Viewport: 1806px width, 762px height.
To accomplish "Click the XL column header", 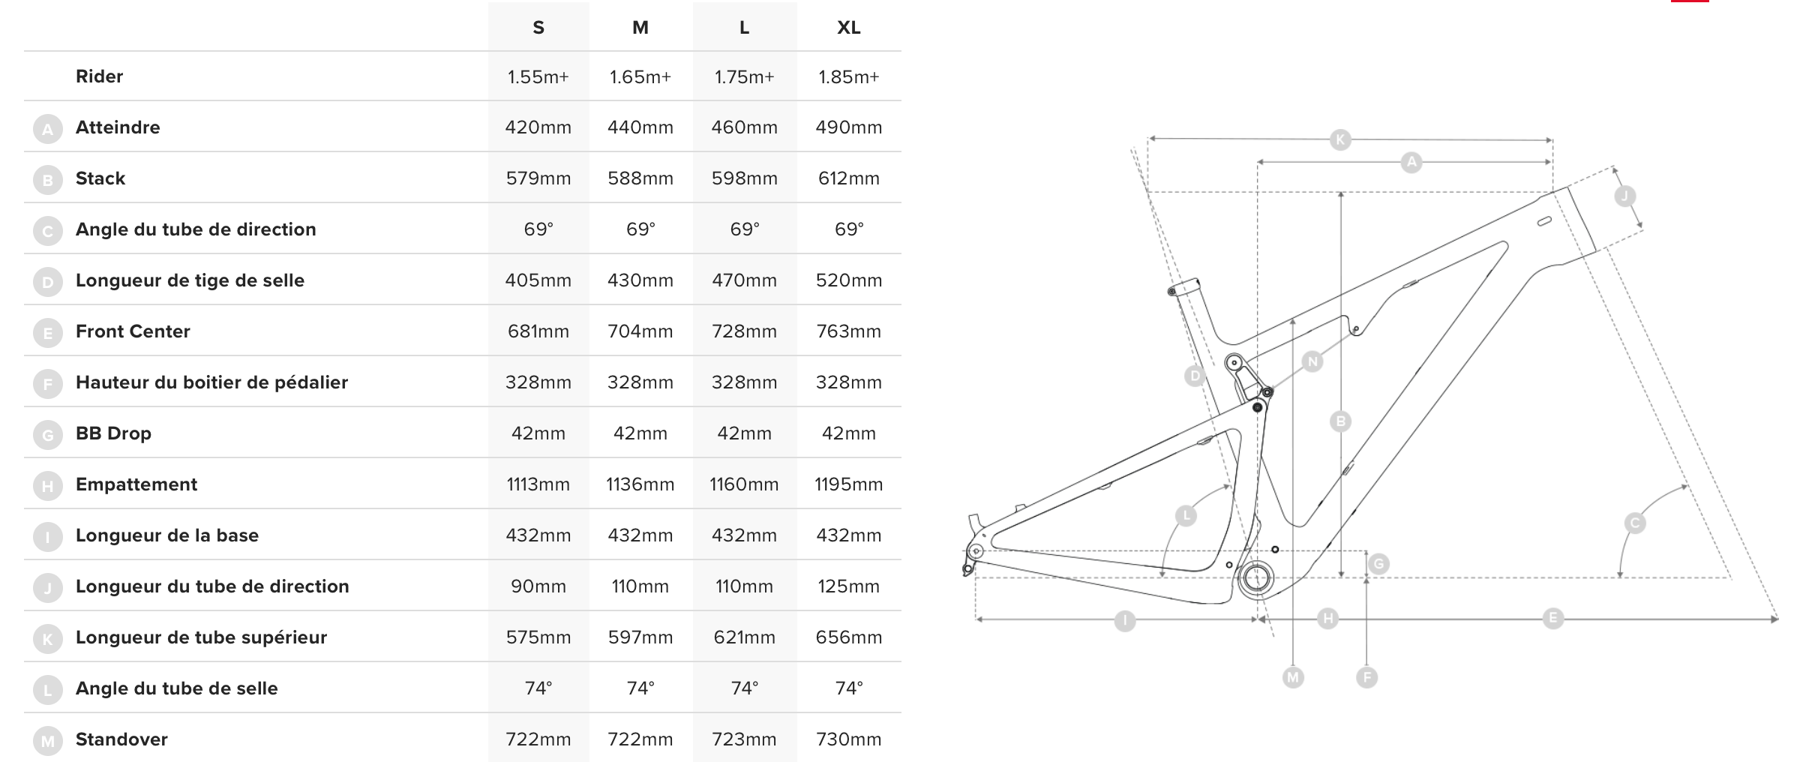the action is click(x=848, y=28).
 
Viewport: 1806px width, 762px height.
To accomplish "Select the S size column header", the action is click(x=538, y=28).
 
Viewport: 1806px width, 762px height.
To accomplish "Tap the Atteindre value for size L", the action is click(x=744, y=127).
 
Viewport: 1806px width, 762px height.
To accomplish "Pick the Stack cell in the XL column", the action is click(x=848, y=178).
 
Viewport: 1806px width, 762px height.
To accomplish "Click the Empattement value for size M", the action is click(x=640, y=484).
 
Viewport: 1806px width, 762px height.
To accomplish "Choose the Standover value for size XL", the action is click(x=848, y=739).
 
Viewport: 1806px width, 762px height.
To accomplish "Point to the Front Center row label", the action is click(x=133, y=331).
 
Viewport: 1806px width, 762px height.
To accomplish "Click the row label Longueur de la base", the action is click(x=167, y=535).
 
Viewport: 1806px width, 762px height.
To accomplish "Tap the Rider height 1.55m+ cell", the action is click(x=538, y=76).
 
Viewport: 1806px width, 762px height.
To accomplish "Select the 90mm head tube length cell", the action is click(x=538, y=586).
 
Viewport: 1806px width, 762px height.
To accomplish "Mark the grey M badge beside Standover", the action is click(x=48, y=742).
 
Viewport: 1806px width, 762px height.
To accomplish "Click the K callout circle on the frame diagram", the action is click(x=1340, y=139).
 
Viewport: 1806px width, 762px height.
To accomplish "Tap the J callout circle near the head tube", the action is click(x=1624, y=196).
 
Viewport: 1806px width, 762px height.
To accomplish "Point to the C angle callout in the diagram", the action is click(x=1635, y=523).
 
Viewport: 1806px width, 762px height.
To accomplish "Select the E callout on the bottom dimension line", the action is click(x=1553, y=618).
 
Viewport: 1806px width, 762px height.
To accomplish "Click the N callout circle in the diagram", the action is click(x=1312, y=361).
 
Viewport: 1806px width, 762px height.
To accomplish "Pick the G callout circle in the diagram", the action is click(x=1378, y=564).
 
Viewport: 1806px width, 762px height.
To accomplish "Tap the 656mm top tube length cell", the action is click(x=848, y=637).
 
